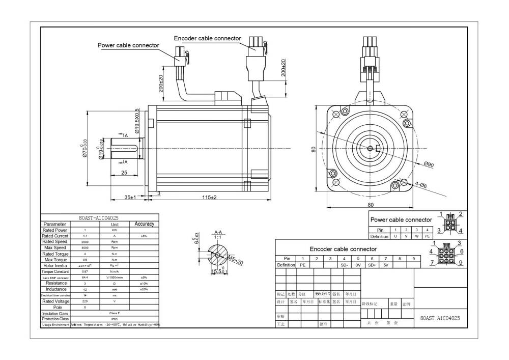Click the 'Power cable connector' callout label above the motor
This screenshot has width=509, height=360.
pos(128,45)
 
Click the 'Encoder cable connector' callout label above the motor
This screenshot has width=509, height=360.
pos(207,38)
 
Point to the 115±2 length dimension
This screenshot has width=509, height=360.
pos(207,197)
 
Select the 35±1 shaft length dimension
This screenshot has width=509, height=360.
pos(130,197)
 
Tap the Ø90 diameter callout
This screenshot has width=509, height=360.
pos(429,164)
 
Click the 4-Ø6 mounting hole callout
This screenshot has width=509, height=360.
pos(421,186)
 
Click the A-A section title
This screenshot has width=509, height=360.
pos(218,232)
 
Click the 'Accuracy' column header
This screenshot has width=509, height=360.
pos(144,224)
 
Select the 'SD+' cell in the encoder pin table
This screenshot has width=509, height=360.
pos(372,265)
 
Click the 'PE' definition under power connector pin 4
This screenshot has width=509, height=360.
pos(428,236)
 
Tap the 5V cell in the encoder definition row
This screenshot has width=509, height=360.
pos(386,265)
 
